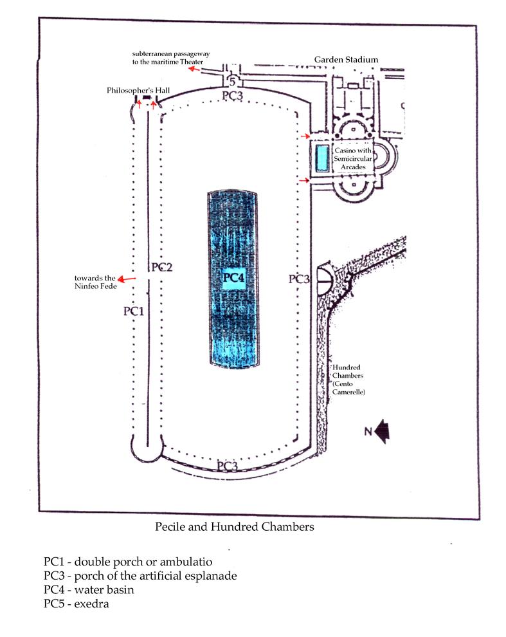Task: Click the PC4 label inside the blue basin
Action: (235, 278)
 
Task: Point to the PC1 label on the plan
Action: (132, 311)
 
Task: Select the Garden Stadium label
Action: (346, 60)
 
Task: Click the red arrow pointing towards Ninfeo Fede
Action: (128, 279)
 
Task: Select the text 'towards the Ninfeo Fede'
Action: (96, 282)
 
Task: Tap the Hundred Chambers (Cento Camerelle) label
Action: (348, 379)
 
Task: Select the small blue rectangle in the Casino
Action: (321, 158)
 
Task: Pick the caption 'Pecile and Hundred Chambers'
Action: (234, 527)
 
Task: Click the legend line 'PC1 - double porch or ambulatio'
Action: (127, 562)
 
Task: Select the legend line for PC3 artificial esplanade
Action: (140, 575)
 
